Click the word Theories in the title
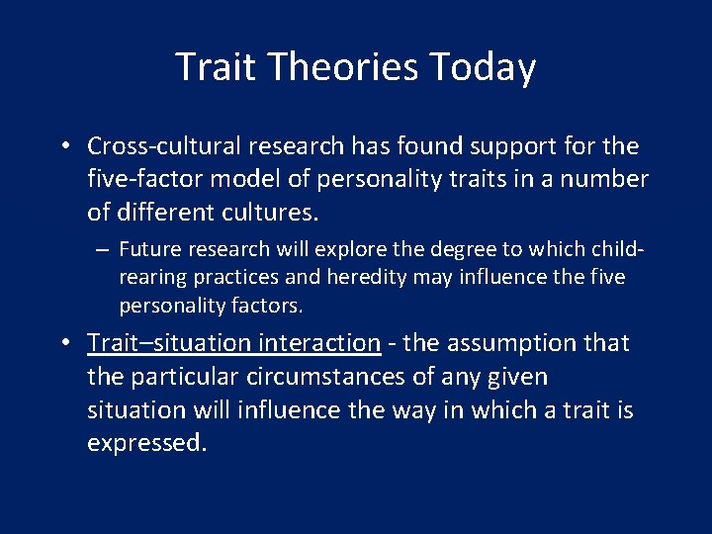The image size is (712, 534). pyautogui.click(x=345, y=67)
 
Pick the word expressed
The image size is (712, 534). pyautogui.click(x=146, y=443)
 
